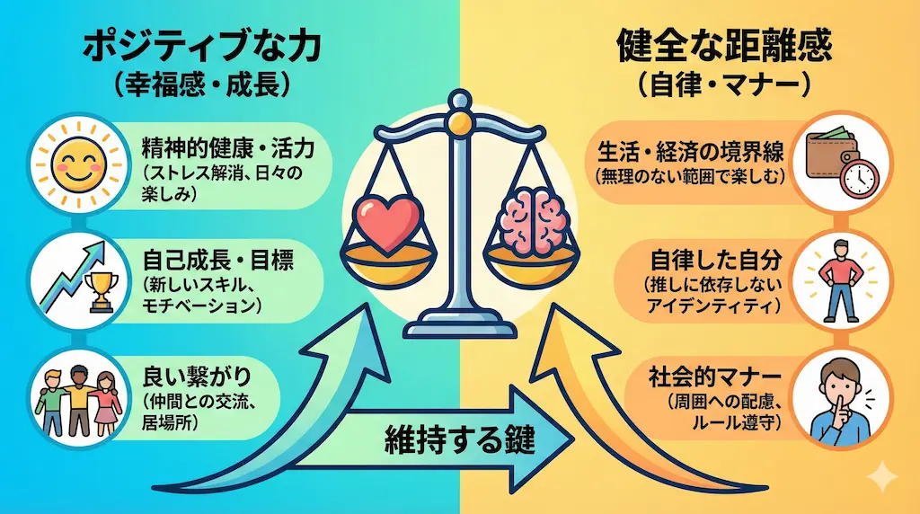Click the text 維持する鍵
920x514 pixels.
coord(459,440)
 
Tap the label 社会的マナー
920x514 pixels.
coord(712,376)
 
